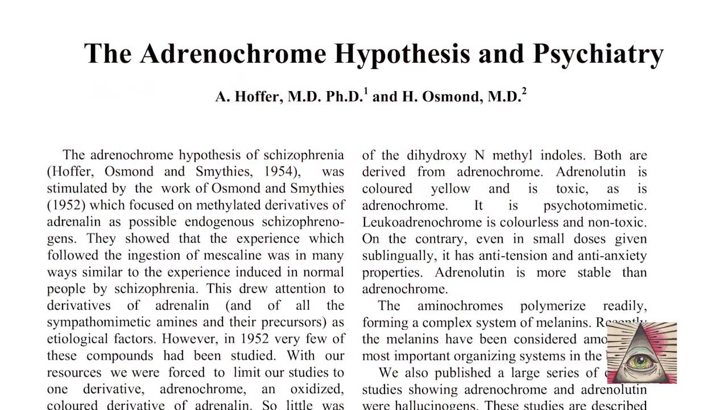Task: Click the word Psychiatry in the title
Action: coord(598,54)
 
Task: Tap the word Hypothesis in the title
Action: coord(402,54)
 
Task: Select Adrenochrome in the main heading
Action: coord(233,54)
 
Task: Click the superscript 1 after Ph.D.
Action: coord(366,91)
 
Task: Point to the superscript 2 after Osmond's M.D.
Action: coord(524,91)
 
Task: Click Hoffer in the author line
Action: coord(257,96)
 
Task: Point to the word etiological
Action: coord(72,339)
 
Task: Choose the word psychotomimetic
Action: coord(594,205)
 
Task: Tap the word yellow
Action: coord(450,188)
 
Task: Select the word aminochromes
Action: coord(460,306)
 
